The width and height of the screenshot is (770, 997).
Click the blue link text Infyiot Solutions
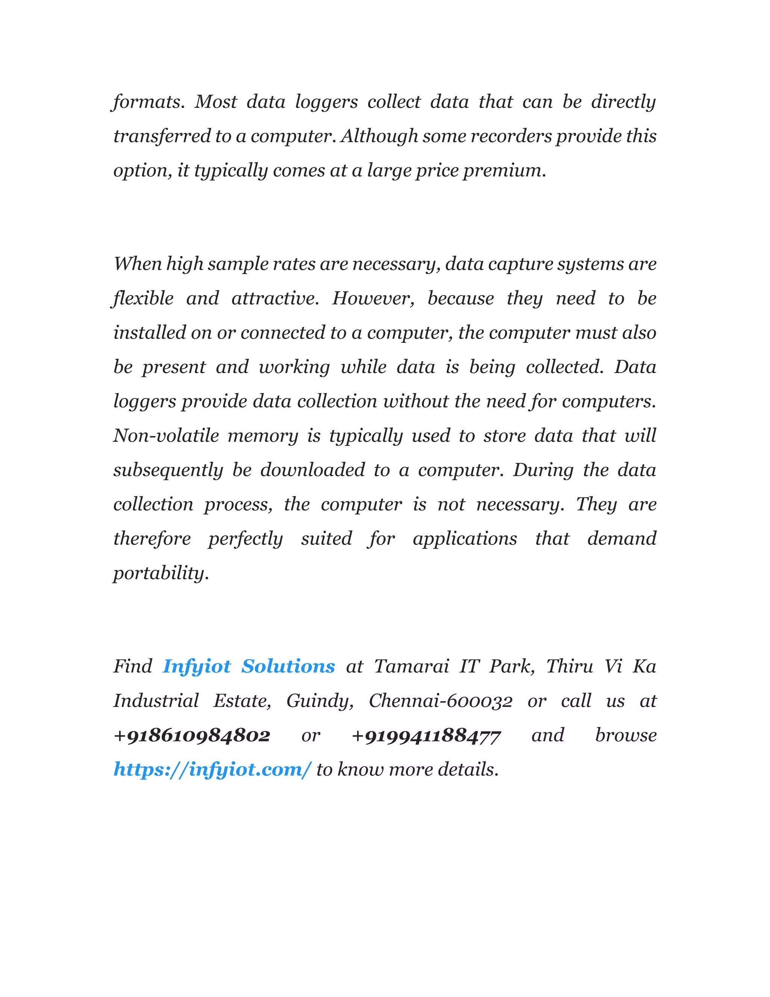pos(249,667)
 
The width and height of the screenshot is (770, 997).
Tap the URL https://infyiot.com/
pos(212,770)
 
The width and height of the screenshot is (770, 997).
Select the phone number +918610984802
pos(192,736)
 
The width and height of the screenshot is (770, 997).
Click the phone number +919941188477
pos(426,736)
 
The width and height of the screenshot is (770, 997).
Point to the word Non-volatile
pos(166,436)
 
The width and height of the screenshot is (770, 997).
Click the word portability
pos(161,573)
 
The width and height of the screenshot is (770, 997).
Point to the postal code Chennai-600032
pos(440,701)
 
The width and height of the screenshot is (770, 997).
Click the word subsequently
pos(168,470)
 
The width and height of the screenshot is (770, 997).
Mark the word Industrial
pos(156,701)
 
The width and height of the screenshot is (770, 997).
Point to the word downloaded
pos(312,470)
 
